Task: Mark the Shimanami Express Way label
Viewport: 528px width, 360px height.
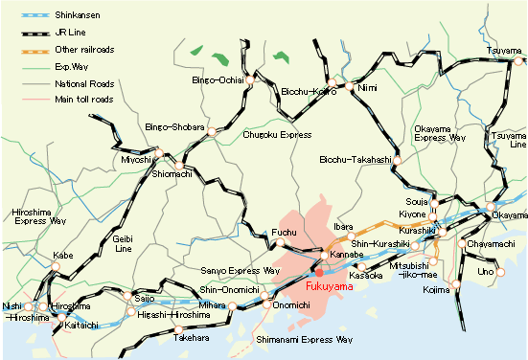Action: point(304,339)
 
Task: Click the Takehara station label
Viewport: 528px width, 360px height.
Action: point(192,338)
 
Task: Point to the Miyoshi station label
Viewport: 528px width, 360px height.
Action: point(136,159)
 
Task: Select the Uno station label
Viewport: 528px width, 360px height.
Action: point(486,272)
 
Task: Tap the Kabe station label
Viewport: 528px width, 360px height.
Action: point(63,256)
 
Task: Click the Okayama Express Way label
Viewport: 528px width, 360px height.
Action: point(438,132)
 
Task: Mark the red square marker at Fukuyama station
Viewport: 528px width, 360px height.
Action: point(319,273)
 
